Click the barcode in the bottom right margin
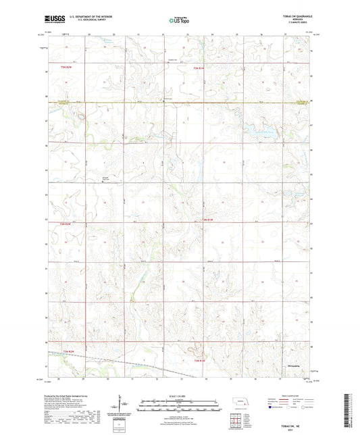pos(348,412)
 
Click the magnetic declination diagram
pos(121,405)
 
